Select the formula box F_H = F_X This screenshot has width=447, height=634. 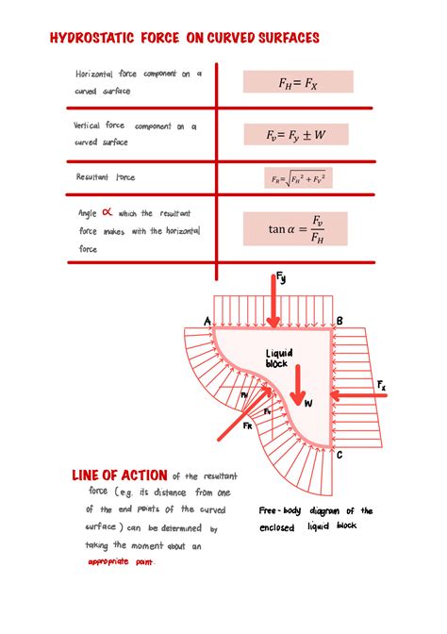tap(297, 82)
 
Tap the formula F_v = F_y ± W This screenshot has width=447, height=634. tap(294, 135)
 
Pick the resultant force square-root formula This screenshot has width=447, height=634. tap(296, 176)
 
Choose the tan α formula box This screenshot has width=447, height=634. tap(294, 229)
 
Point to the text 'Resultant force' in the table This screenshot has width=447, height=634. tap(106, 177)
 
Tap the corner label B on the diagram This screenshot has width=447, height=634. tap(339, 321)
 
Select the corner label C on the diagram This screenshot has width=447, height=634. tap(339, 455)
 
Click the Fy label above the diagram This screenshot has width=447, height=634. tap(281, 278)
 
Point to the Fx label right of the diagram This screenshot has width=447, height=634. tap(381, 385)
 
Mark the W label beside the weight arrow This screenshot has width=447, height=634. tap(308, 403)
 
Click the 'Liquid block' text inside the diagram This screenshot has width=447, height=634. tap(277, 358)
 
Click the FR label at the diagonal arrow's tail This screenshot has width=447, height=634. tap(247, 426)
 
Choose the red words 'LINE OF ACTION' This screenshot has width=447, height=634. tap(120, 475)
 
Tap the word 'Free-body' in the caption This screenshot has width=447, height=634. tap(279, 511)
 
